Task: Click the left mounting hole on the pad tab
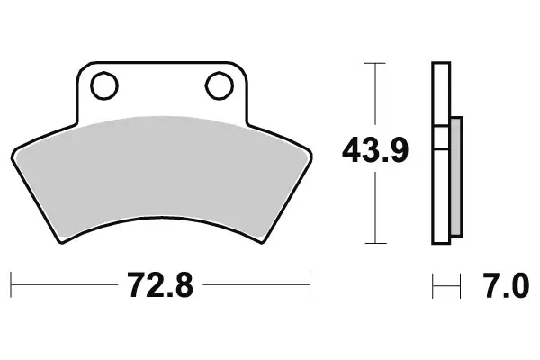(104, 85)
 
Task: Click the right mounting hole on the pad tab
(219, 85)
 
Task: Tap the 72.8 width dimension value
(160, 288)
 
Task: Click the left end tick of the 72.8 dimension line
(12, 288)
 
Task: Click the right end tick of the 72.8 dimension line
(310, 288)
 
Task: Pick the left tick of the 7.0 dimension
(433, 288)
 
